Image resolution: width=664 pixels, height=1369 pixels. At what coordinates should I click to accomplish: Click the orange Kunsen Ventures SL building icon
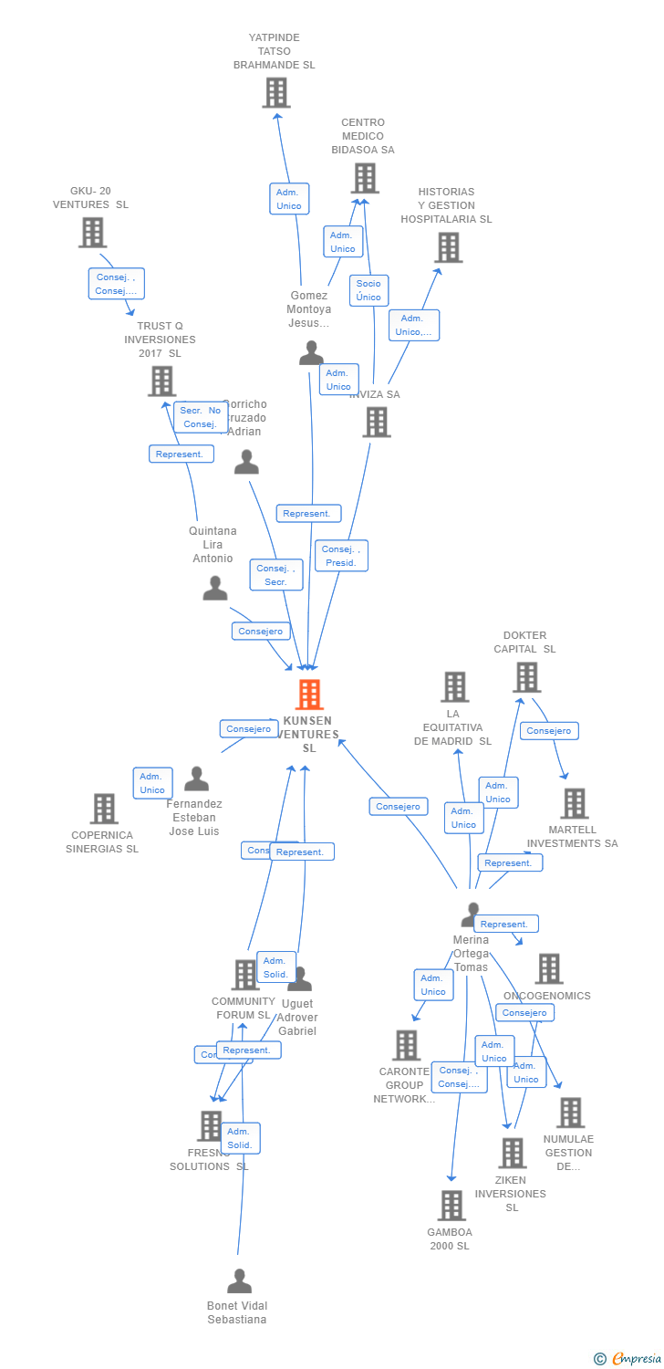pos(310,695)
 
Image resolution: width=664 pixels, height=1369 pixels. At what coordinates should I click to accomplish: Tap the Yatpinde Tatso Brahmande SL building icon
pos(275,92)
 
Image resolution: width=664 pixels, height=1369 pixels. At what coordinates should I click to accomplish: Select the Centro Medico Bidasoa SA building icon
pos(365,178)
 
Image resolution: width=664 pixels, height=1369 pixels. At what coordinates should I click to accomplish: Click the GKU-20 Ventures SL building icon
pos(92,232)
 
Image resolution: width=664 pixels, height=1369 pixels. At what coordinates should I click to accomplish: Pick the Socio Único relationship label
pos(368,290)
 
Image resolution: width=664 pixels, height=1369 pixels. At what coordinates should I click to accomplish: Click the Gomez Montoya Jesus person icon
pos(312,353)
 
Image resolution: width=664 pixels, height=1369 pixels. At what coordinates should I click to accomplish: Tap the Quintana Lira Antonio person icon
pos(215,589)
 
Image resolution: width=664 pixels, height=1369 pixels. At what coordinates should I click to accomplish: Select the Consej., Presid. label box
pos(342,556)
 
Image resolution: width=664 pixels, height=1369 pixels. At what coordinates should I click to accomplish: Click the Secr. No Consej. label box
pos(201,417)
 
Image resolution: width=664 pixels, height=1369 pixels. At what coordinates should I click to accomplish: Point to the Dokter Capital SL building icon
pos(526,677)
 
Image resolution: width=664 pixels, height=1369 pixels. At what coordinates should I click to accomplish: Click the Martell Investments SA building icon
pos(574,803)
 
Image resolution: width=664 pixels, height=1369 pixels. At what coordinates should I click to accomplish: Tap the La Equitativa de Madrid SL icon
pos(454,686)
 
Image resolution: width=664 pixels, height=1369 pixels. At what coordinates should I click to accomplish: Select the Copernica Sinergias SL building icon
pos(104,808)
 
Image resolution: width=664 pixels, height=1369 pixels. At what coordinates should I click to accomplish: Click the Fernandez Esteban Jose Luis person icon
pos(196,779)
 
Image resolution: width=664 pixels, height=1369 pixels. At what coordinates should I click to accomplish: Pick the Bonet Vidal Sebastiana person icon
pos(239,1281)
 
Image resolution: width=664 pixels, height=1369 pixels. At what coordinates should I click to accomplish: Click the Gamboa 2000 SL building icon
pos(451,1205)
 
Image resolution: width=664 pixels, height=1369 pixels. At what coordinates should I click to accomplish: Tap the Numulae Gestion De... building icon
pos(570,1112)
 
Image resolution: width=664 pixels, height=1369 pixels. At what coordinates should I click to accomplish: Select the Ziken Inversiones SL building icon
pos(512,1153)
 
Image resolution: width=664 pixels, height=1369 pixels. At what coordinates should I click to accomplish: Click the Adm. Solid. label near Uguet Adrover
pos(275,967)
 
